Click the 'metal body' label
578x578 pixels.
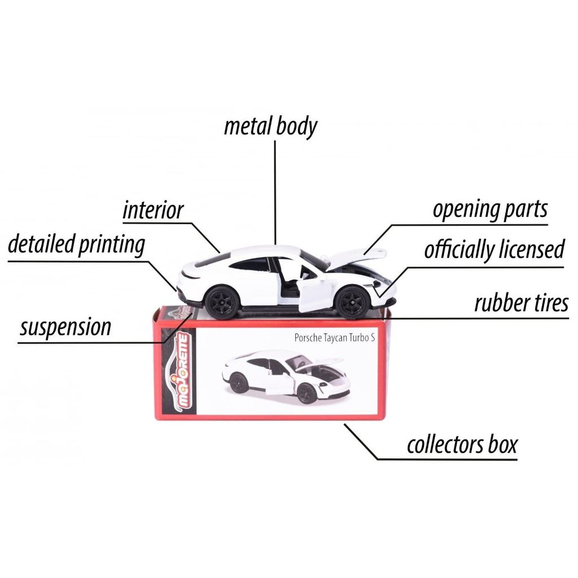coord(270,126)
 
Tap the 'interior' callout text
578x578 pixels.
coord(153,210)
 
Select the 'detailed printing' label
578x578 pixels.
coord(76,245)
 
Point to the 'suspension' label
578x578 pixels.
coord(65,327)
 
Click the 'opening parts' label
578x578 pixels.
coord(490,209)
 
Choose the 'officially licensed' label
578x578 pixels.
coord(494,249)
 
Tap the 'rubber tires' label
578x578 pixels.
coord(520,303)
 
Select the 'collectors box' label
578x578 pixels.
coord(462,445)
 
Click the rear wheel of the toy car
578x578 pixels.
coord(221,303)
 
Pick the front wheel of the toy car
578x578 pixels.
coord(352,303)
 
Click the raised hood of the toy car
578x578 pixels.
coord(356,257)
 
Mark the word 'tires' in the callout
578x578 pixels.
coord(544,303)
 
